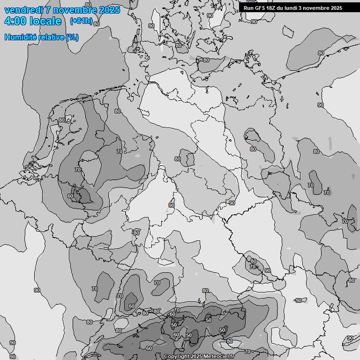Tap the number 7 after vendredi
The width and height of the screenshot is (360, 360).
[x=48, y=10]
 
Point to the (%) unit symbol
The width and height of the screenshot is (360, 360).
[x=72, y=37]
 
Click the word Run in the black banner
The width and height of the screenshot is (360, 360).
[x=248, y=8]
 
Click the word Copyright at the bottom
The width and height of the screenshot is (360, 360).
[x=177, y=356]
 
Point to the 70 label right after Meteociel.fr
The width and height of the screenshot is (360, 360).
[x=247, y=352]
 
